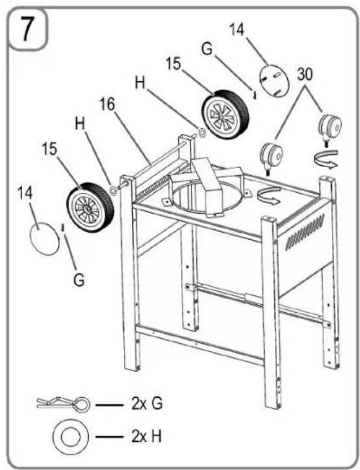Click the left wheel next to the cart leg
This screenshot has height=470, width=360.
point(90,207)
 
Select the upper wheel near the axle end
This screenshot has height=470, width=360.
point(225,114)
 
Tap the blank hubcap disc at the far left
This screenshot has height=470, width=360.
point(45,239)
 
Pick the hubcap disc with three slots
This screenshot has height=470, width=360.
point(274,81)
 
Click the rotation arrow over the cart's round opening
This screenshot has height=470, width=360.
point(269,195)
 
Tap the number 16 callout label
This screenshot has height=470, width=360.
point(107,104)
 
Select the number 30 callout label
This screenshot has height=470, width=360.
point(305,73)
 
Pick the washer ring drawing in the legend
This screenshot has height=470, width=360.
point(70,436)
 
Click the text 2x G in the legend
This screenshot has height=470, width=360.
point(147,404)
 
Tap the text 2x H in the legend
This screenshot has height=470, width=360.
point(147,436)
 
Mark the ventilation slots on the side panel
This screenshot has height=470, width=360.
point(305,231)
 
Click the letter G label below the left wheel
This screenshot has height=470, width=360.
point(79,280)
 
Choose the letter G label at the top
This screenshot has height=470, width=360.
point(207,49)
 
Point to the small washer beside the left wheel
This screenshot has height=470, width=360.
point(113,190)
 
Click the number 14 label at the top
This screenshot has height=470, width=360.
point(237,29)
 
